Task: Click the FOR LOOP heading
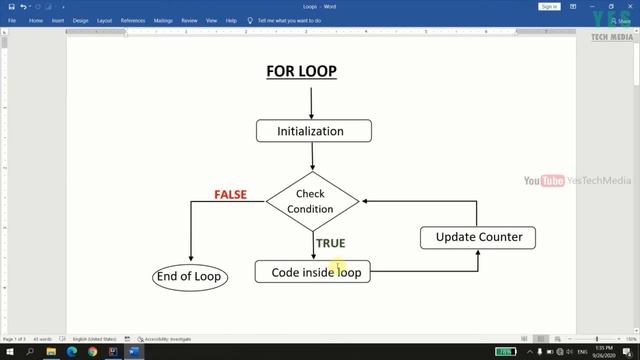tap(301, 71)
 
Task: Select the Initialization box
tap(313, 131)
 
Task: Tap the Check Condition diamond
tap(311, 201)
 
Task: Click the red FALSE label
tap(230, 194)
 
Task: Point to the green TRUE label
tap(330, 243)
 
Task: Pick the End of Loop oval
tap(188, 276)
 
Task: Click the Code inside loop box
tap(313, 272)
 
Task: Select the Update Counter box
tap(478, 237)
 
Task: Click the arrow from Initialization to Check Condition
tap(313, 155)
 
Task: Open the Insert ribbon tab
tap(58, 20)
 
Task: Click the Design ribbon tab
tap(81, 20)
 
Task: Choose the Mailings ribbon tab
tap(163, 20)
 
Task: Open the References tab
tap(133, 20)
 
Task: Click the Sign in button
tap(549, 6)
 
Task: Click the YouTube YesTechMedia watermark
tap(577, 181)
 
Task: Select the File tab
tap(12, 20)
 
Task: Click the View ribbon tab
tap(212, 20)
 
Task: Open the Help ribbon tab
tap(232, 20)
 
